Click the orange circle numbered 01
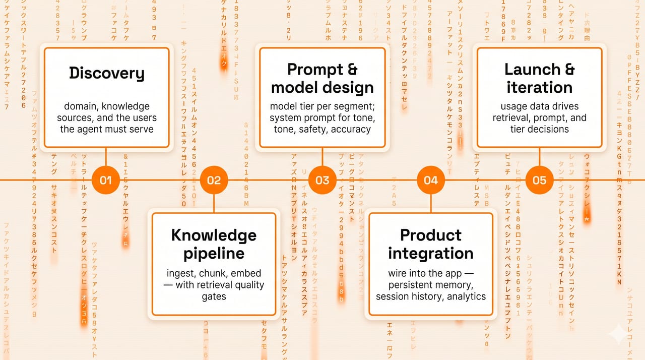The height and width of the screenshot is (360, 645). tap(106, 180)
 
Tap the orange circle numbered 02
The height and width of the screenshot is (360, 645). tap(214, 180)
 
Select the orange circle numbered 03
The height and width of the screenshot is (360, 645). tap(322, 180)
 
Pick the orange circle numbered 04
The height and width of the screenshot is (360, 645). tap(431, 180)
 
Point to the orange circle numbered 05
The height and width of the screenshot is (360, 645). tap(539, 180)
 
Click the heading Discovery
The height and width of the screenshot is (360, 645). tap(106, 74)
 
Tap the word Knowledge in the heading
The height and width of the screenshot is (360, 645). tap(214, 235)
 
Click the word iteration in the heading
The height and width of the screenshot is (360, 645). tap(539, 87)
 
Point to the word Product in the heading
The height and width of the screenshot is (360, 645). tap(430, 235)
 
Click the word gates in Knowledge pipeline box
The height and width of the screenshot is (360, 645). tap(214, 297)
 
